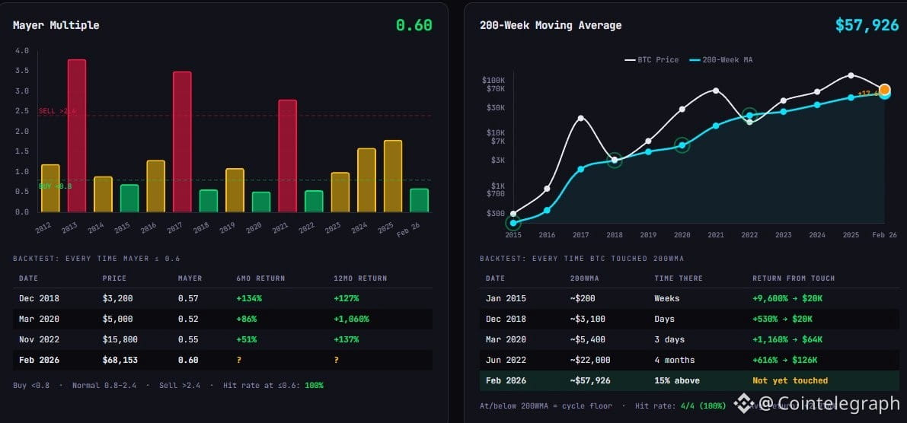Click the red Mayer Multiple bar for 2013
(76, 135)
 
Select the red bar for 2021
(287, 155)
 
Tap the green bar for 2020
(261, 202)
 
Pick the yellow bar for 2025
(393, 176)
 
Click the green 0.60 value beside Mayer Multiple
(414, 25)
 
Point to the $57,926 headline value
(867, 25)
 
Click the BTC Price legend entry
(652, 59)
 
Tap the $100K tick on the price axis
(493, 80)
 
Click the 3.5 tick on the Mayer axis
(22, 71)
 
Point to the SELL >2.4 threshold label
(57, 111)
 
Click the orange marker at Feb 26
(885, 90)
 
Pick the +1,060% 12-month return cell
(353, 319)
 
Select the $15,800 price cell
(120, 339)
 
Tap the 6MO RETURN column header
(260, 278)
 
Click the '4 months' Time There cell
(674, 360)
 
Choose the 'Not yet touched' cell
(790, 380)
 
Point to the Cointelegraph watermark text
(827, 403)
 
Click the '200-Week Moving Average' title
(551, 25)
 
